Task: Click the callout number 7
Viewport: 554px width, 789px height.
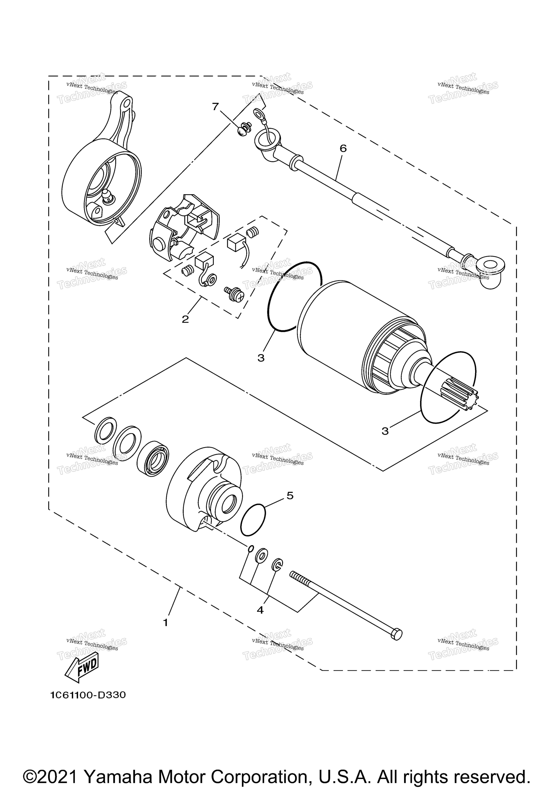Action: [x=215, y=107]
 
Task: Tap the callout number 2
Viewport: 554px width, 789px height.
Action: [x=185, y=319]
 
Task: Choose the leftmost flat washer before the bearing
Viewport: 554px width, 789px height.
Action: [x=105, y=430]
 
